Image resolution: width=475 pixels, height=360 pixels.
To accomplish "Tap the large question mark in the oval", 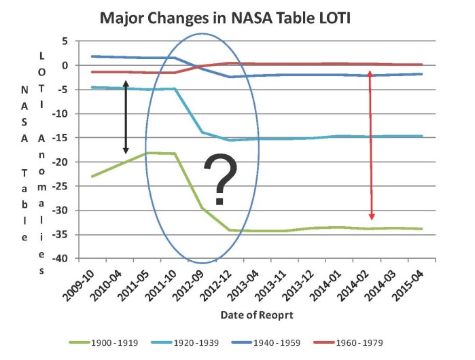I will (x=220, y=179).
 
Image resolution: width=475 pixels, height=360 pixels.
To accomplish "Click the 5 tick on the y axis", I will (x=65, y=41).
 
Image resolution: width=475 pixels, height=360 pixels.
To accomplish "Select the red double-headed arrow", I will (x=370, y=145).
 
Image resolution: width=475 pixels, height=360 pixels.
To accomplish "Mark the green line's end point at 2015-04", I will (x=422, y=229).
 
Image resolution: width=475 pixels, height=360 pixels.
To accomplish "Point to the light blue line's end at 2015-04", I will (x=422, y=136).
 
